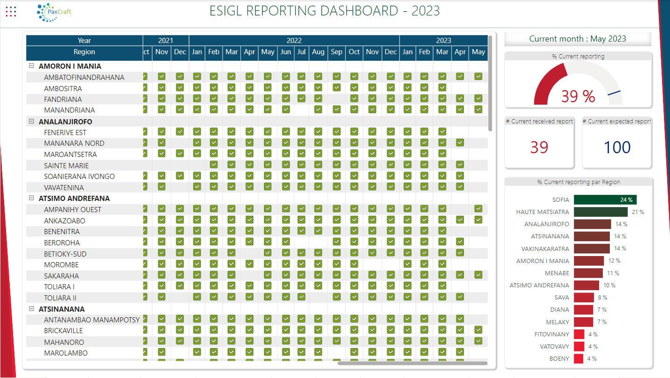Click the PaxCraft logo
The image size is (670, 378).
[54, 12]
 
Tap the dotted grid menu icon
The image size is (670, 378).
[11, 11]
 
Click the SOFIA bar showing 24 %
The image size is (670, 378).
[605, 200]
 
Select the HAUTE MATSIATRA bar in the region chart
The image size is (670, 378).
[600, 212]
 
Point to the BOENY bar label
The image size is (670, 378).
[559, 359]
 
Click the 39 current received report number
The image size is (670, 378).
[539, 147]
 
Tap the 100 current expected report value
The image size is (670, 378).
[617, 147]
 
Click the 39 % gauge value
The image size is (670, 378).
[578, 96]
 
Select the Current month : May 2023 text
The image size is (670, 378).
[578, 39]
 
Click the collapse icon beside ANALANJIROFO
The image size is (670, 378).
[31, 121]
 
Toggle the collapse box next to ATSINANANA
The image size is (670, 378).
[31, 308]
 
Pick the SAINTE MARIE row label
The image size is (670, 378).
[66, 165]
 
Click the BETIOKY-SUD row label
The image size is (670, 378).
[65, 254]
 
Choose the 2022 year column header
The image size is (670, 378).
[294, 41]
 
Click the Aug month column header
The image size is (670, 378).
[318, 52]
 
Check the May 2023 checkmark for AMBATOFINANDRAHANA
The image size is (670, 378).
[478, 76]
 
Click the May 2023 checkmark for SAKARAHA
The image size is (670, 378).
[478, 275]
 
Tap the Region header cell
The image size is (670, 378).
[84, 52]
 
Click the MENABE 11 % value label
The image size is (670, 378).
[613, 273]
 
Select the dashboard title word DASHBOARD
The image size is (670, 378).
[359, 11]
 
